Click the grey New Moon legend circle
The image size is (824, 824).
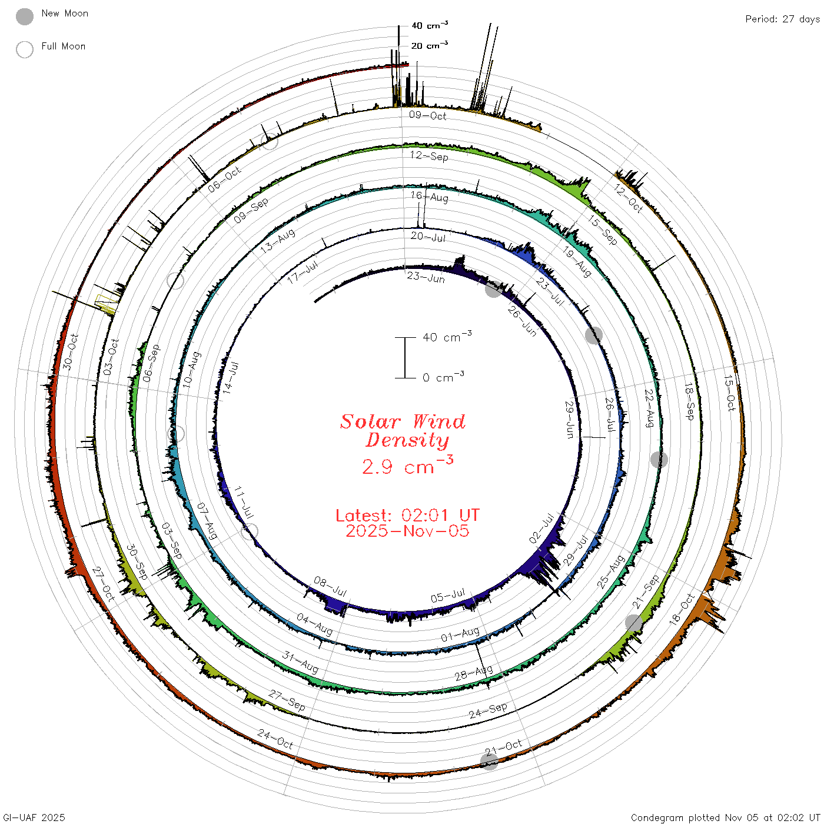(x=24, y=16)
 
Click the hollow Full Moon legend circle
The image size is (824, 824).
(x=24, y=49)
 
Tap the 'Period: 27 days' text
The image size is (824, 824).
(x=783, y=19)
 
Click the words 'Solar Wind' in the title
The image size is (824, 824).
(x=403, y=421)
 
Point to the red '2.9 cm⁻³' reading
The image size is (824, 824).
(x=407, y=465)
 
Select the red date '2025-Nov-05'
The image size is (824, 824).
(x=407, y=531)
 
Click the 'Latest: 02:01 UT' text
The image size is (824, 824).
(x=407, y=515)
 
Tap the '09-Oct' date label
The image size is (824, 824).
(x=427, y=115)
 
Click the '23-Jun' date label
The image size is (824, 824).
(x=426, y=278)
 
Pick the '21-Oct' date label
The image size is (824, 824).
(x=503, y=747)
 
